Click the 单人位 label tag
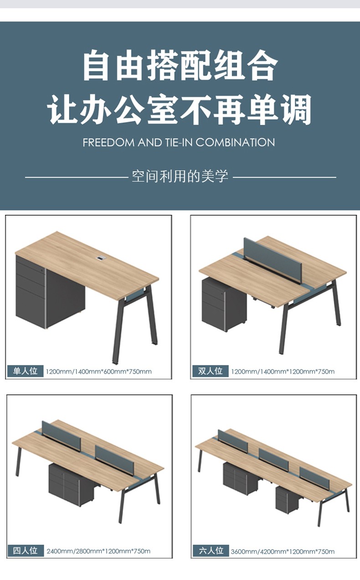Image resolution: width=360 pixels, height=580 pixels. coord(25,371)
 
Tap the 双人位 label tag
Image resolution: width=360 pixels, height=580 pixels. coord(210,371)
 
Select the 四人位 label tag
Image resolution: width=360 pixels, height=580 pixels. coord(26,550)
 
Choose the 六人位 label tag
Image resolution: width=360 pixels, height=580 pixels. coord(211,550)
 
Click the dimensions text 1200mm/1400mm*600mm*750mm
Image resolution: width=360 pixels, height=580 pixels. coord(99,372)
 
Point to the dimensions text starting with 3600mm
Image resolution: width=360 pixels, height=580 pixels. coord(283,551)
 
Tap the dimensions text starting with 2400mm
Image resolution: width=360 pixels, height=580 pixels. coord(98,551)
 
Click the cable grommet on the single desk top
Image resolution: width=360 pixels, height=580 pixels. coord(100,258)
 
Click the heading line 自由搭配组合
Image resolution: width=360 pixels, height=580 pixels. coord(180,65)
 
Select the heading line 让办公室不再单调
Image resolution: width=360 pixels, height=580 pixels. coord(179,109)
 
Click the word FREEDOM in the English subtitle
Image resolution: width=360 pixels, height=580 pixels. coord(108,143)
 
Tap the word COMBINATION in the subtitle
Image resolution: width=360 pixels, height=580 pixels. coord(235,143)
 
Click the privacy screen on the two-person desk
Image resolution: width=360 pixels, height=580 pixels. coord(273,260)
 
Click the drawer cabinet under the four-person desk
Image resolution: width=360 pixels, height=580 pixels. coord(72,484)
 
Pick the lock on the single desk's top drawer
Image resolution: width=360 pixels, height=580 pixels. coord(42,271)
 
